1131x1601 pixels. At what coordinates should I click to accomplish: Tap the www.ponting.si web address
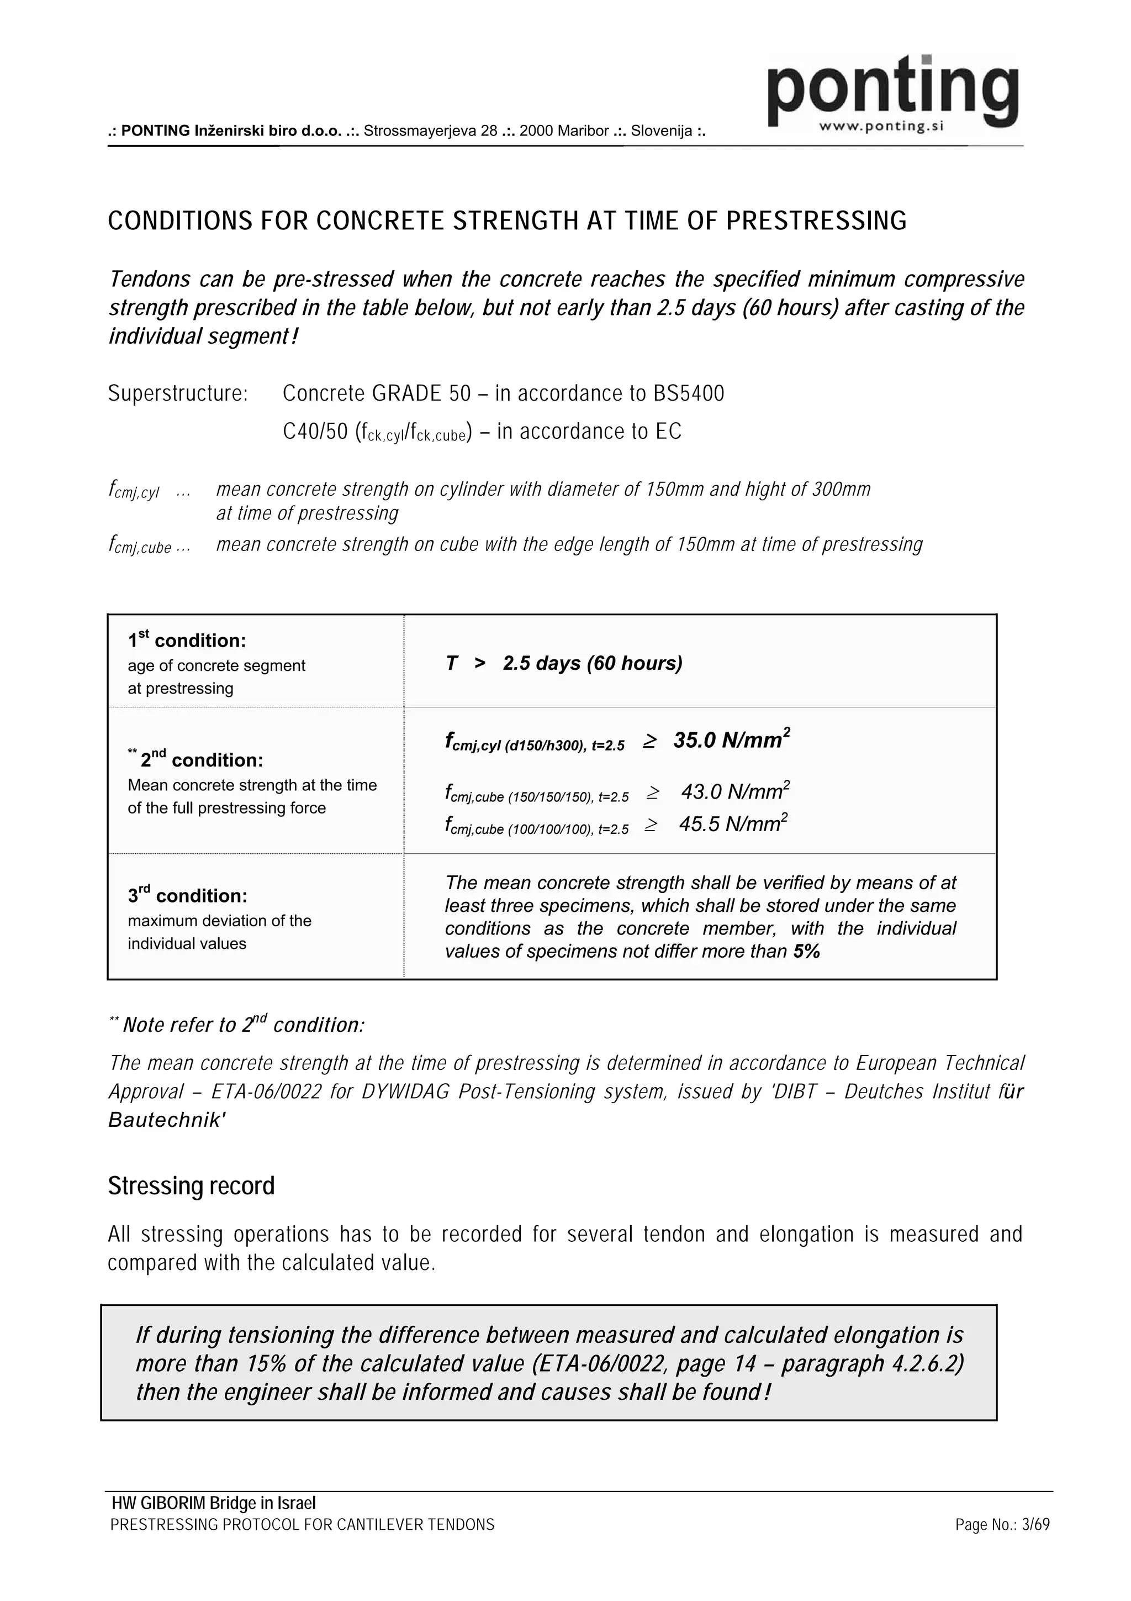click(x=881, y=127)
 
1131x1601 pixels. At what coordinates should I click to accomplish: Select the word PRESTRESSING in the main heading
click(x=816, y=221)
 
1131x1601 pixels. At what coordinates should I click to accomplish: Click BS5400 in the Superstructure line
click(x=689, y=394)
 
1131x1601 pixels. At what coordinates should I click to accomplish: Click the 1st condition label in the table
click(x=187, y=640)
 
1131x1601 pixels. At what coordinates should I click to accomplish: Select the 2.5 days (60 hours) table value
click(x=593, y=663)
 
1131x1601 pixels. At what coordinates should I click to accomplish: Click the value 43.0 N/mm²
click(x=734, y=792)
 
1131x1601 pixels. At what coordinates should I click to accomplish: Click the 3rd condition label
click(x=187, y=895)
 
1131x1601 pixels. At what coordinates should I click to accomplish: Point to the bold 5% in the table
click(x=806, y=952)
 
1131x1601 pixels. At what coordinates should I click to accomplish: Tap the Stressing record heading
click(x=191, y=1186)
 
